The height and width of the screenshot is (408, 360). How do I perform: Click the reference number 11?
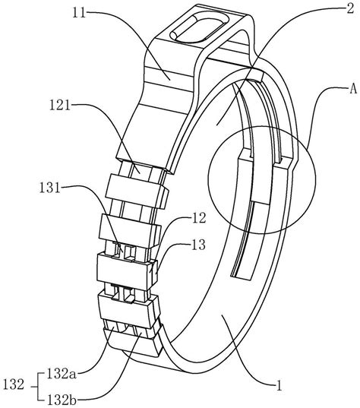pos(79,13)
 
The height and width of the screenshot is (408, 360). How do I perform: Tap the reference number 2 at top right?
pos(350,8)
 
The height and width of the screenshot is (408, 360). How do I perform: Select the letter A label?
pos(352,89)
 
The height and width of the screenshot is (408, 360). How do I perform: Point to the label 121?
pos(60,106)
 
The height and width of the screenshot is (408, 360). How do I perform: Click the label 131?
pos(49,188)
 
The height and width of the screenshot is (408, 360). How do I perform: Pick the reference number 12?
pos(199,218)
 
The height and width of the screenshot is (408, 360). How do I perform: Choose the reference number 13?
pos(198,245)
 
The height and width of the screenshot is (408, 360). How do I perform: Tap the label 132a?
pos(62,374)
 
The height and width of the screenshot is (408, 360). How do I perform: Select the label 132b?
pos(62,400)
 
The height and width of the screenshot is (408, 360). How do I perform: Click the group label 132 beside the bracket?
pos(13,384)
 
